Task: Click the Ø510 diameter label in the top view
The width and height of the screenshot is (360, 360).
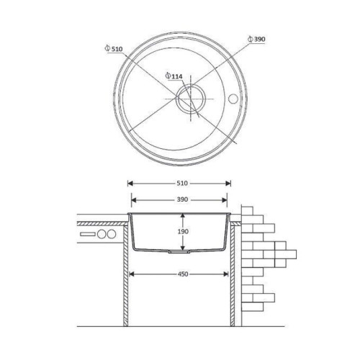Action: tap(114, 49)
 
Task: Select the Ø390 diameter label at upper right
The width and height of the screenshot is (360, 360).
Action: tap(256, 39)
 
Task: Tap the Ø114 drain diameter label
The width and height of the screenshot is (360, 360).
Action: tap(174, 76)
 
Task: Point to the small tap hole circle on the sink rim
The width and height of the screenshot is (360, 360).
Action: tap(233, 99)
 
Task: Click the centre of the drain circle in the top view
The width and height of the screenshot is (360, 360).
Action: tap(191, 99)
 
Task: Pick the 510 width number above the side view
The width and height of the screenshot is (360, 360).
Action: tap(182, 184)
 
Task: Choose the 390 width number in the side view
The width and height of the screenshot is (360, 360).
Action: tap(182, 199)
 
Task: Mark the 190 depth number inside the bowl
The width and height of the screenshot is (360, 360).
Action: tap(183, 232)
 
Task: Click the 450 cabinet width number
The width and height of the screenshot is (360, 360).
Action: tap(183, 274)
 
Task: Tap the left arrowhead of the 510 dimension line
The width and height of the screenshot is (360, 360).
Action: tap(130, 184)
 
